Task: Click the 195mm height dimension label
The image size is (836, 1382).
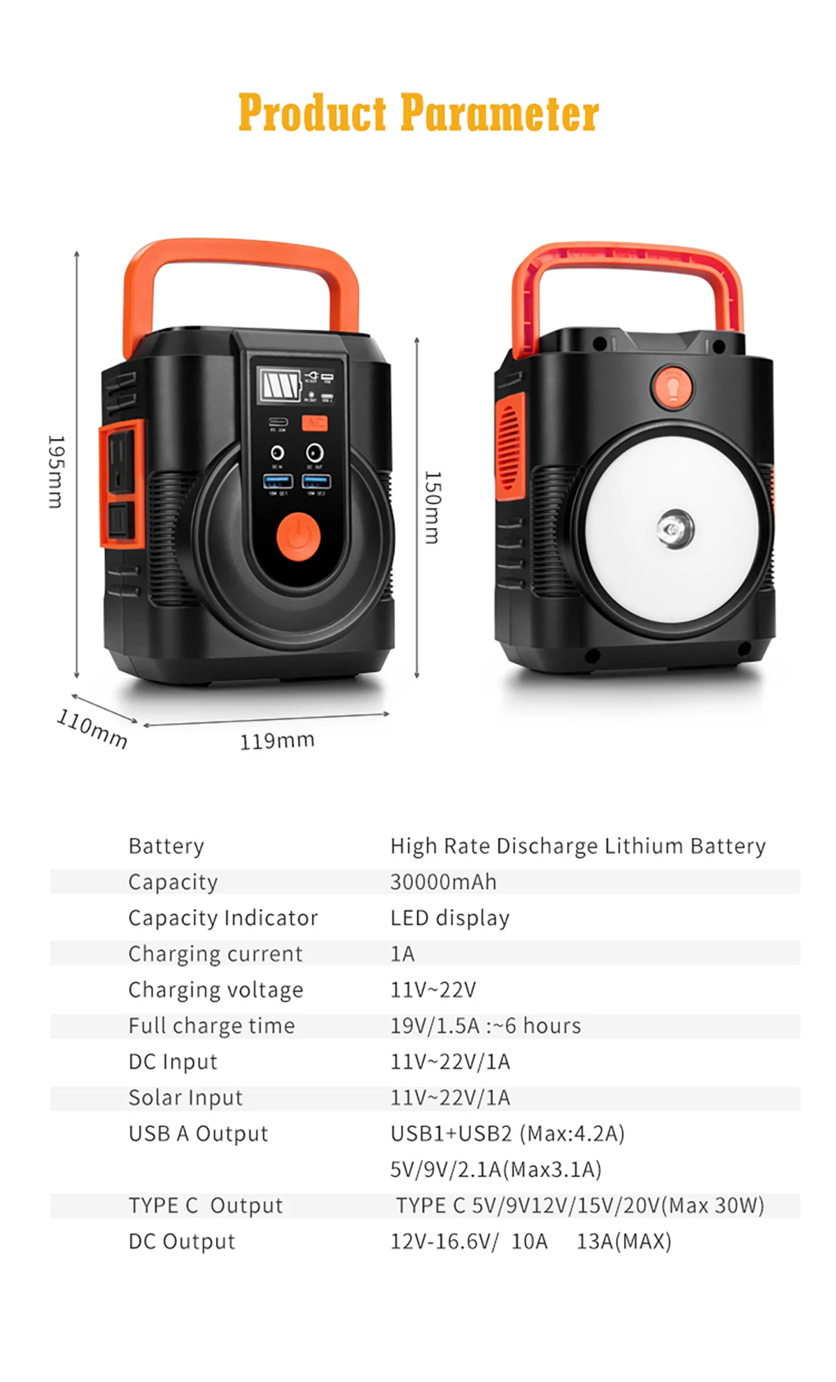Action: [x=56, y=472]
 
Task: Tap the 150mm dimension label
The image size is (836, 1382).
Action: [x=433, y=507]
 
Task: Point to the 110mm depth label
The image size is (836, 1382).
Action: [x=92, y=729]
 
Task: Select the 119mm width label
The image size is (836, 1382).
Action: [x=277, y=740]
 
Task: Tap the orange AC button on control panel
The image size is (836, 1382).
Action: [x=314, y=423]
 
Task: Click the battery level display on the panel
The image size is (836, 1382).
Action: [x=280, y=385]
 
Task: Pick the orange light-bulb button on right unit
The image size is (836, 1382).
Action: [x=672, y=387]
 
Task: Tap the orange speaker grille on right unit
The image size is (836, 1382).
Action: [x=510, y=447]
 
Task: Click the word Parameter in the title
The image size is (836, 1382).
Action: [x=499, y=113]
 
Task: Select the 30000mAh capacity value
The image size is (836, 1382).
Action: [x=443, y=882]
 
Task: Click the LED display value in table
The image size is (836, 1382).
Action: [x=449, y=918]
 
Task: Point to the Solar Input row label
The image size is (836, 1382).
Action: [x=185, y=1098]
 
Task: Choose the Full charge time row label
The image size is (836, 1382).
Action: [x=211, y=1025]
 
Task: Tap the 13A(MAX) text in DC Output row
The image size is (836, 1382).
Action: [x=624, y=1241]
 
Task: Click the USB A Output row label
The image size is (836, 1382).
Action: [x=198, y=1133]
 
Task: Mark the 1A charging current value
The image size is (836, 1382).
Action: [x=402, y=954]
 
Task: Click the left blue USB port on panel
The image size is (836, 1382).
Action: [x=277, y=481]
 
